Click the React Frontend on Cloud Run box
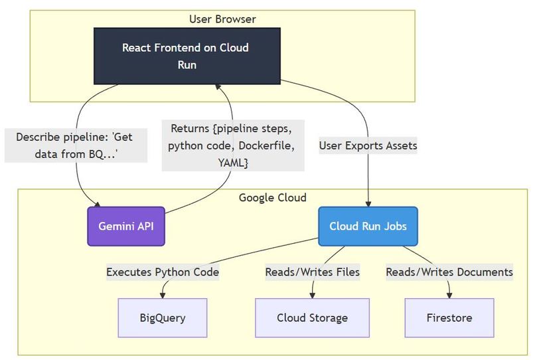(186, 56)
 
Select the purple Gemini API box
(126, 226)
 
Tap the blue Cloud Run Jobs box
(368, 226)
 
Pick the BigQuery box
(163, 317)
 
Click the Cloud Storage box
(312, 317)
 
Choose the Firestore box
(449, 317)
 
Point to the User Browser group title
(222, 19)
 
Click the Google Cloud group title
(272, 198)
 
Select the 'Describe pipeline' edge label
(75, 145)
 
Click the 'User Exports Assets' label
(368, 145)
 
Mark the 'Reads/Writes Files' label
(312, 272)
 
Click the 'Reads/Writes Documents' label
(449, 272)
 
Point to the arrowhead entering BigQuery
(163, 295)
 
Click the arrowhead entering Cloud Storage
(312, 295)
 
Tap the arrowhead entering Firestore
(449, 295)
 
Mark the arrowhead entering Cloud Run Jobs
(368, 203)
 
